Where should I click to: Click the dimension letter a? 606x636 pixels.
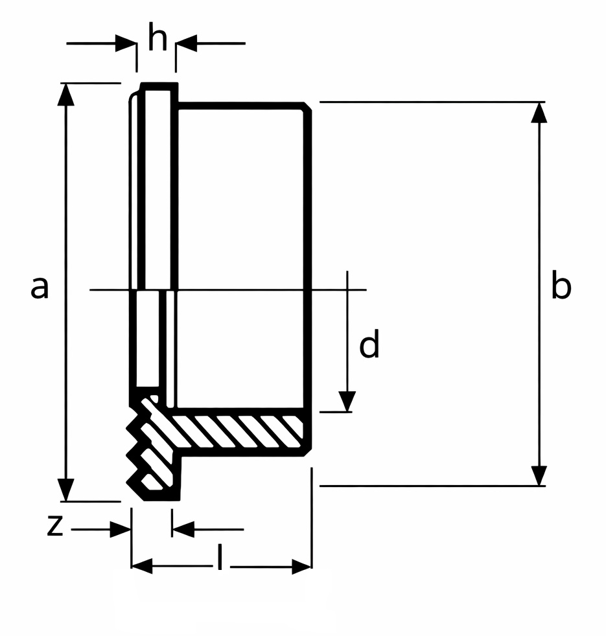40,287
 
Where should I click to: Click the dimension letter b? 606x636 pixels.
561,287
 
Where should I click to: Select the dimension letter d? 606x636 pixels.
369,346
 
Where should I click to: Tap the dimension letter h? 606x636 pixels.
157,39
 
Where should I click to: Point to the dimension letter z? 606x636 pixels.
55,527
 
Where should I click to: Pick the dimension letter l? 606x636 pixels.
220,558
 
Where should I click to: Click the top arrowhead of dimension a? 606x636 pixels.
65,94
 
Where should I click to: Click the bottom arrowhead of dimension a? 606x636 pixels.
65,490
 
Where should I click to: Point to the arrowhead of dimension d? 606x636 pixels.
348,401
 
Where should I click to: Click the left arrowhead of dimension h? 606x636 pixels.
126,43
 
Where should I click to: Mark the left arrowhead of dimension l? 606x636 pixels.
142,566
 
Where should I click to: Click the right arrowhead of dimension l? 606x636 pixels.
301,566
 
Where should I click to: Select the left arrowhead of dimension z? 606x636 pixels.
121,529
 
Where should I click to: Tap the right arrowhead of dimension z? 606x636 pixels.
183,529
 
